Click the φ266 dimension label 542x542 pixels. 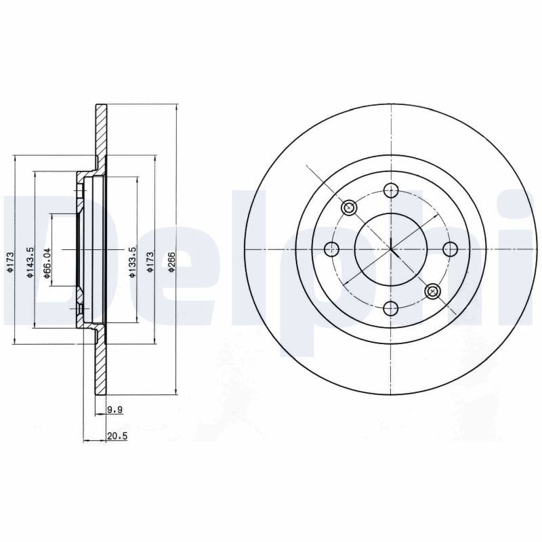[x=172, y=261]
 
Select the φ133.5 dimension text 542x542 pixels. [x=133, y=262]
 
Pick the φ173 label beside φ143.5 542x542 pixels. [x=10, y=262]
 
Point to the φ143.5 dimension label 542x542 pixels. [x=30, y=262]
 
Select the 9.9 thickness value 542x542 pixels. [x=115, y=410]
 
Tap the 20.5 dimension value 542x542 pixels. [x=117, y=436]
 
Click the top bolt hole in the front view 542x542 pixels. [x=391, y=190]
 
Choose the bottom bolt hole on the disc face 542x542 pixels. [x=391, y=308]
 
